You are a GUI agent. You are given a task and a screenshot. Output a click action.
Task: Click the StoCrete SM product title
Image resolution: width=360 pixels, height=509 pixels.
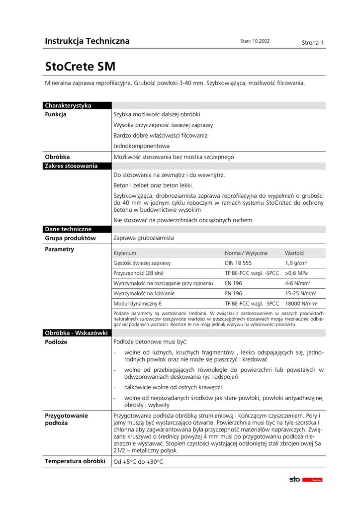coord(81,66)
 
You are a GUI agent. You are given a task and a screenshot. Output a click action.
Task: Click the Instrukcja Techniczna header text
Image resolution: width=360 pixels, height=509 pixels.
coord(87,41)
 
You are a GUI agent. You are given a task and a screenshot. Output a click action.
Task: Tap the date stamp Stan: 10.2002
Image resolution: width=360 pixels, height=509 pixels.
coord(255,41)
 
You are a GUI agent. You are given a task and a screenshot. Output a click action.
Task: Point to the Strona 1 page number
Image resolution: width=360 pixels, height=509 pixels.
coord(313,43)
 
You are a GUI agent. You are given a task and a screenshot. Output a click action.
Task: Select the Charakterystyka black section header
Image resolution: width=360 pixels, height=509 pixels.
coord(68,105)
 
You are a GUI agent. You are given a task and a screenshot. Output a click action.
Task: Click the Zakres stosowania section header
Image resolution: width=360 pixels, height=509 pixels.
coord(71,166)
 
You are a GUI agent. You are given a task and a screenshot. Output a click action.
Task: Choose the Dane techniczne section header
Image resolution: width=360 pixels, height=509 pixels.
coord(68,229)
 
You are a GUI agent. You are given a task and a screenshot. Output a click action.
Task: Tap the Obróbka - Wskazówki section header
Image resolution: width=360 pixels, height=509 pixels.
coord(76,333)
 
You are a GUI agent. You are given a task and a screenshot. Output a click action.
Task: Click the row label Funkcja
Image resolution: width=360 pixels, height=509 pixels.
coord(56,115)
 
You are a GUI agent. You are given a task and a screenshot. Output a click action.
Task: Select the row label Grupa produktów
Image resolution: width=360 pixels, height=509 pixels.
coord(70,238)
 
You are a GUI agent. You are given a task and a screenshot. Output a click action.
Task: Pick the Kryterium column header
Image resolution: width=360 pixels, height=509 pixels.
coord(125,253)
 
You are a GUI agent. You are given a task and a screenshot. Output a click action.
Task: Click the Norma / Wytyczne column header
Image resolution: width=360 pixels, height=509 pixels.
coord(246,253)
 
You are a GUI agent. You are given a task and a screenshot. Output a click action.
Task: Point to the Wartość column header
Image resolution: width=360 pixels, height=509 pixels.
coord(294,253)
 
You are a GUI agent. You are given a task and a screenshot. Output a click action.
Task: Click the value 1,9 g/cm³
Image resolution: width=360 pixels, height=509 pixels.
coord(296,263)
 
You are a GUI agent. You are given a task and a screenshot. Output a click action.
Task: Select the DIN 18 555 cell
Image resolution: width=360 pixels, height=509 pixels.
coord(238,263)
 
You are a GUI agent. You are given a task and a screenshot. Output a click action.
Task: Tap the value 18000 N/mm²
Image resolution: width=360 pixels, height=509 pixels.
coord(301,303)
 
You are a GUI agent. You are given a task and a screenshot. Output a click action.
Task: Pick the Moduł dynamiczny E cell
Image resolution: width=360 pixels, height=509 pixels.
coord(138,303)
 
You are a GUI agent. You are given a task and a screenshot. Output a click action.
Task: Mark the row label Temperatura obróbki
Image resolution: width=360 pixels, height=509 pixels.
coord(75,461)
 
